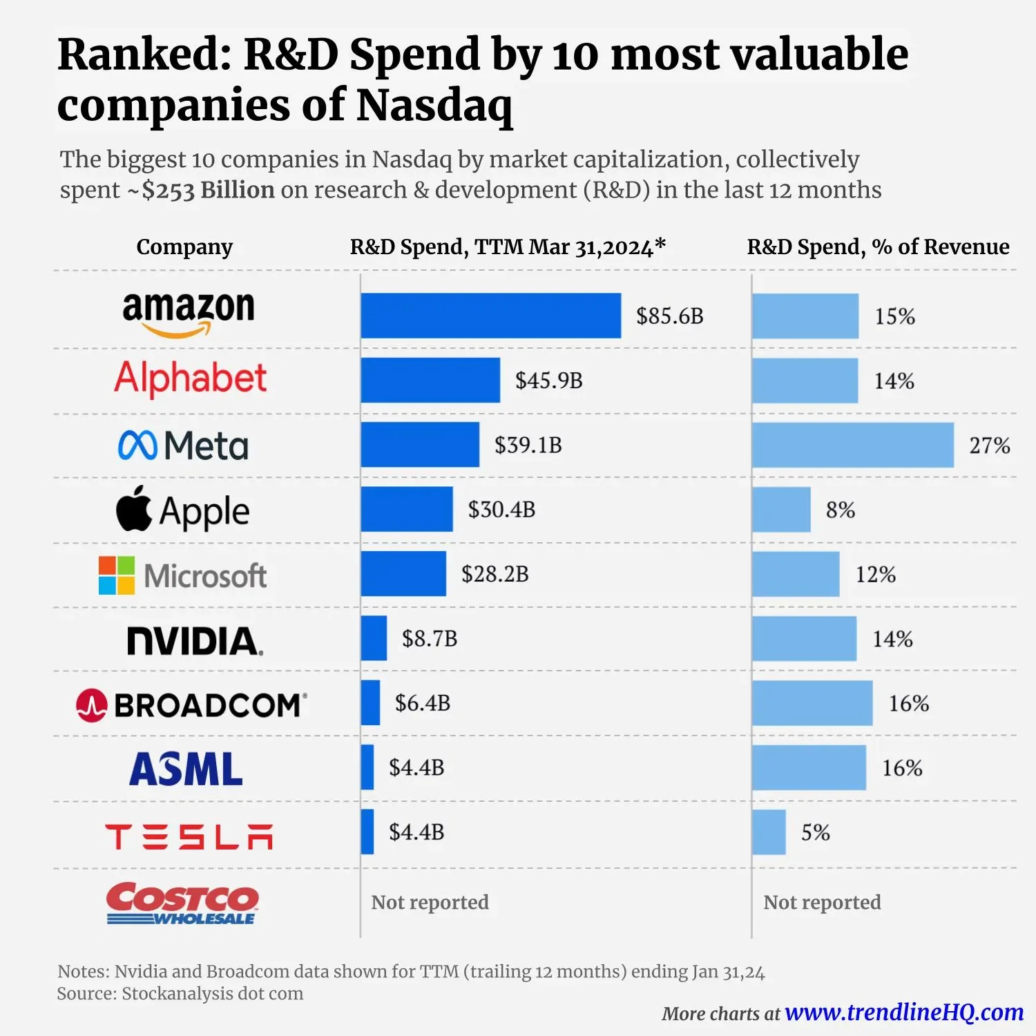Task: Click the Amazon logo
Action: pyautogui.click(x=188, y=313)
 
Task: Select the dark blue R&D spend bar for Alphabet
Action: pyautogui.click(x=430, y=380)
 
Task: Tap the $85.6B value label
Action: pyautogui.click(x=669, y=316)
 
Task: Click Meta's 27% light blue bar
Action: pyautogui.click(x=852, y=445)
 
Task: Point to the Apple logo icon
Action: pyautogui.click(x=133, y=508)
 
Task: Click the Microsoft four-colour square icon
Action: pyautogui.click(x=116, y=575)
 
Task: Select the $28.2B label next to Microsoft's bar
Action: pyautogui.click(x=495, y=574)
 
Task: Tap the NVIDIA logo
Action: pyautogui.click(x=195, y=640)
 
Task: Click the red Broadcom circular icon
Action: pyautogui.click(x=91, y=705)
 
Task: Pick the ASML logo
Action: pyautogui.click(x=186, y=769)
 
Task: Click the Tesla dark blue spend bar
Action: pyautogui.click(x=367, y=832)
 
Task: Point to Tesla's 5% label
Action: pyautogui.click(x=815, y=832)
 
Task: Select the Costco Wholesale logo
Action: pyautogui.click(x=182, y=903)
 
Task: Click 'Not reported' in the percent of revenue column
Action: pyautogui.click(x=822, y=902)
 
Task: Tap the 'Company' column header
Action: pyautogui.click(x=184, y=247)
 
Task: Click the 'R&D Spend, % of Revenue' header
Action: pyautogui.click(x=878, y=247)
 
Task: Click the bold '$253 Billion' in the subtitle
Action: pyautogui.click(x=208, y=190)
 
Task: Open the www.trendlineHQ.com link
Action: pyautogui.click(x=904, y=1012)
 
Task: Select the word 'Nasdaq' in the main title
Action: pyautogui.click(x=434, y=105)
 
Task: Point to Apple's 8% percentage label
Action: pyautogui.click(x=840, y=510)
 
